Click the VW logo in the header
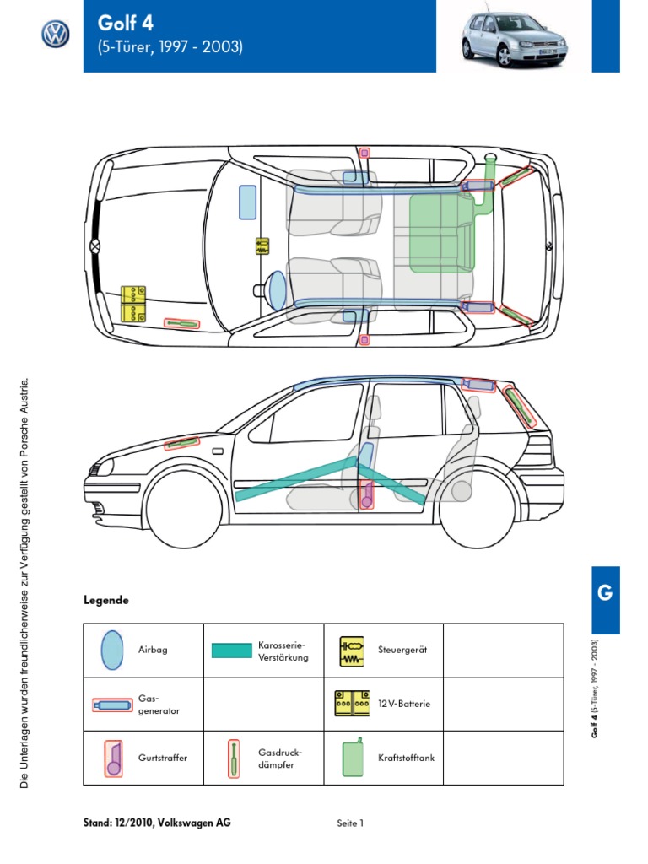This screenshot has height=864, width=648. point(56,35)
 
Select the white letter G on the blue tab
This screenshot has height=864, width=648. point(604,592)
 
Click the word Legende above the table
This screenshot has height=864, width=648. point(105,601)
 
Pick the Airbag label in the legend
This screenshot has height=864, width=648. point(153,651)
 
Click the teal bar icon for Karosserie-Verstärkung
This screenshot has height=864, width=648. point(231,651)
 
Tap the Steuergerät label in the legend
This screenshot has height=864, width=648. point(403,651)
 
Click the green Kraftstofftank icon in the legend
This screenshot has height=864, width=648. point(353,757)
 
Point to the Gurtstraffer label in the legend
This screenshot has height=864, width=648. point(163,758)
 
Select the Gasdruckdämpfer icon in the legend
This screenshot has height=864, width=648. point(233,758)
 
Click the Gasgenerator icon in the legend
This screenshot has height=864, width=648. point(111,704)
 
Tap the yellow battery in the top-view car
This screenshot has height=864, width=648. point(133,305)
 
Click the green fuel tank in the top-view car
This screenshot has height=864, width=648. point(441,234)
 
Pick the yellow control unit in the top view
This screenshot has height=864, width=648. point(262,246)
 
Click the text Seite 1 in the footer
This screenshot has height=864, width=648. point(349,823)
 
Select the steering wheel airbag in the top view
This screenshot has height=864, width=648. point(277,289)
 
